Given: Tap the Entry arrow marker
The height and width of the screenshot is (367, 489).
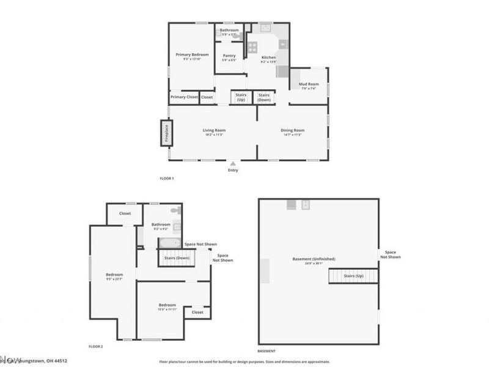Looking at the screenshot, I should pos(232,163).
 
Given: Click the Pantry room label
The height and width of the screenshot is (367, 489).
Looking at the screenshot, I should pos(229,56).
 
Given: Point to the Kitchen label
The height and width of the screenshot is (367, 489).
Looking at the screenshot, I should pos(269,57).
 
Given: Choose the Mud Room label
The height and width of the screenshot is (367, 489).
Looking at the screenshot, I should pos(309,84).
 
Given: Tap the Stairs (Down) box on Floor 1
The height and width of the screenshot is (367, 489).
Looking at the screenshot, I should pos(264,97).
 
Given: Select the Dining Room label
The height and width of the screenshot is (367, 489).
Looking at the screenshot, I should pos(292,130).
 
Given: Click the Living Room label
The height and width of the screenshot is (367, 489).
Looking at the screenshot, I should pos(215,130).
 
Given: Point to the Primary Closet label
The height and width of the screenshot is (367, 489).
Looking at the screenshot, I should pos(184,97).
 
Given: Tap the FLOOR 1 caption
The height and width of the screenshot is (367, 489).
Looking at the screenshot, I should pos(167,178).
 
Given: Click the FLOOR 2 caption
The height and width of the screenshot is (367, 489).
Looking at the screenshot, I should pos(96,346).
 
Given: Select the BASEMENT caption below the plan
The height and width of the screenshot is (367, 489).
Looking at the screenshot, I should pos(266,350).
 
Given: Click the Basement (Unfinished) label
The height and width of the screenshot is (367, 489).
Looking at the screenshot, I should pos(315,259).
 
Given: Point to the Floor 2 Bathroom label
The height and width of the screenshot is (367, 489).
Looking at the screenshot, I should pos(162,224).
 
